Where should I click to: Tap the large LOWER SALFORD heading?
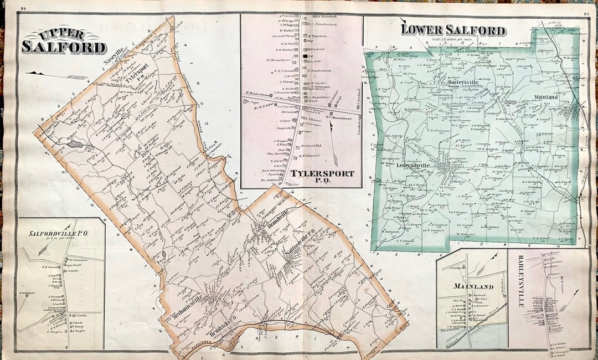[x=453, y=30]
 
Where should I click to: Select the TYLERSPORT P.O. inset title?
[x=322, y=176]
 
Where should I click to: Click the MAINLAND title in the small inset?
[x=472, y=286]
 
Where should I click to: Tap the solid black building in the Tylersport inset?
[x=304, y=56]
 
